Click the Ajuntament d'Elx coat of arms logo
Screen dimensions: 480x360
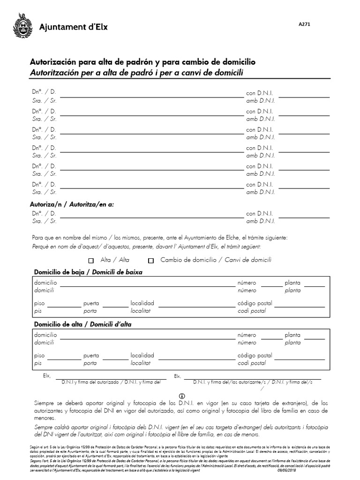pos(22,27)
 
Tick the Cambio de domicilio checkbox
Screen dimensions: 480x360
pos(151,261)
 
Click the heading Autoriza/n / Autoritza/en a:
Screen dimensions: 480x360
pos(72,204)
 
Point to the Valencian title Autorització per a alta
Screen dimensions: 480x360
pos(137,72)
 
